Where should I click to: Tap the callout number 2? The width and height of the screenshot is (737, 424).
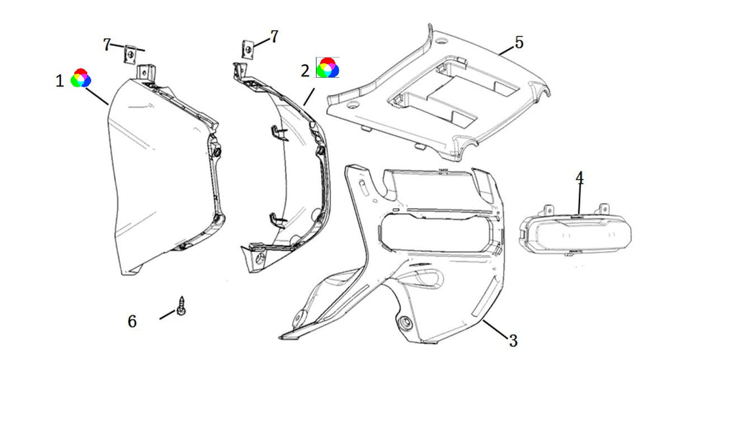coord(305,71)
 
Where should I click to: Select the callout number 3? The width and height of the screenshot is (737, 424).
coord(512,341)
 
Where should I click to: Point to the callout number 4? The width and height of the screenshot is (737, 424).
coord(579,177)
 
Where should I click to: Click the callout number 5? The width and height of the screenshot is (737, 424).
coord(518,42)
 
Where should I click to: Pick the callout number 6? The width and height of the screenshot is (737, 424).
coord(132,321)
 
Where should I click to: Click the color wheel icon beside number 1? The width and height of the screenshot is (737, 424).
coord(81,78)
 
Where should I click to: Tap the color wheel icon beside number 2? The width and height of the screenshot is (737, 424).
coord(327,68)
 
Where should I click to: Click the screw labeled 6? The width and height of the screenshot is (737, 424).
coord(182,305)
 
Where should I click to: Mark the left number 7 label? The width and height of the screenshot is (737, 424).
coord(107,45)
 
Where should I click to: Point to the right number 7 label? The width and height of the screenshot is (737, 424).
coord(273,36)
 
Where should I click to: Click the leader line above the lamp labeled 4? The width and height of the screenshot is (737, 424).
coord(579,200)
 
